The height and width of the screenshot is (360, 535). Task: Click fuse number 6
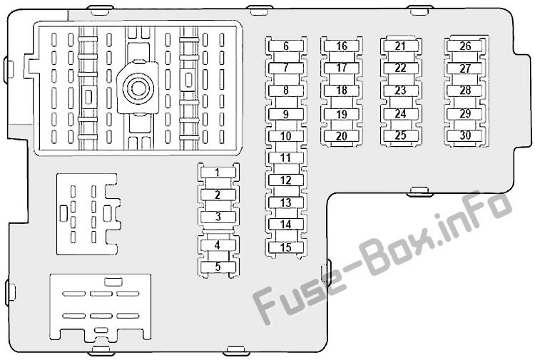coord(286,46)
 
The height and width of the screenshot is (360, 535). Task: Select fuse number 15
coord(286,247)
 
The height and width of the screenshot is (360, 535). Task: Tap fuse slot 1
coord(218,173)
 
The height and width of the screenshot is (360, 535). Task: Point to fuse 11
coord(286,158)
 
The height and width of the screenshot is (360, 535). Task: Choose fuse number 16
coord(342,46)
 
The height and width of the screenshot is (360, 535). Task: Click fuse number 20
coord(342,136)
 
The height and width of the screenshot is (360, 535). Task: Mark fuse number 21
coord(401,46)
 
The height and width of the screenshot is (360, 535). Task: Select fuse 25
coord(401,135)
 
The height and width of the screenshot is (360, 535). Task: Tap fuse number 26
coord(465,46)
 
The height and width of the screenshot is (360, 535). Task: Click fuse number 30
coord(465,135)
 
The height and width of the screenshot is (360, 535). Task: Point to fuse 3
coord(218,217)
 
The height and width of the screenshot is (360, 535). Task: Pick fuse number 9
coord(286,114)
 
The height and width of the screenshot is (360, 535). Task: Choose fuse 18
coord(342,91)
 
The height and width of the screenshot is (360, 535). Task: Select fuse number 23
coord(401,91)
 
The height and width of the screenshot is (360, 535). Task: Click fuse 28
coord(465,91)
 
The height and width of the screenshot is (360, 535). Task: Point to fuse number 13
coord(286,202)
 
